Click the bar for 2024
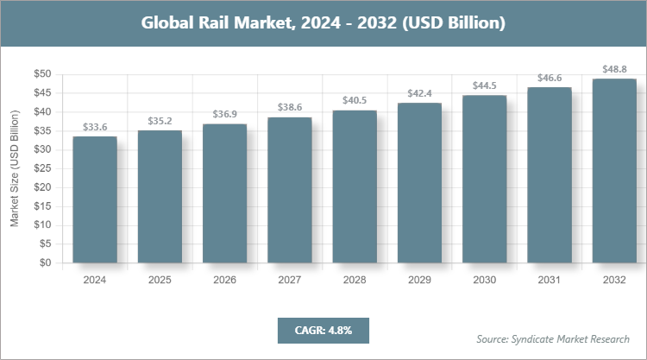point(95,200)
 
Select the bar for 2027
point(290,191)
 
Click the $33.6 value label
point(95,127)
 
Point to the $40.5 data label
point(355,100)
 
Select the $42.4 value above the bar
point(420,93)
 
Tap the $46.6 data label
point(550,78)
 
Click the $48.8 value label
point(615,69)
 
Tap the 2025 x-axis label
point(160,281)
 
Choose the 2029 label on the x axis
point(420,281)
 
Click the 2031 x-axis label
point(550,281)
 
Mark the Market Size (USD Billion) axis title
point(15,169)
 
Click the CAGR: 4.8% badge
point(323,330)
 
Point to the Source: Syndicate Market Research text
point(553,338)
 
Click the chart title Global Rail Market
point(323,22)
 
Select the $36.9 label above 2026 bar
point(225,114)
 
